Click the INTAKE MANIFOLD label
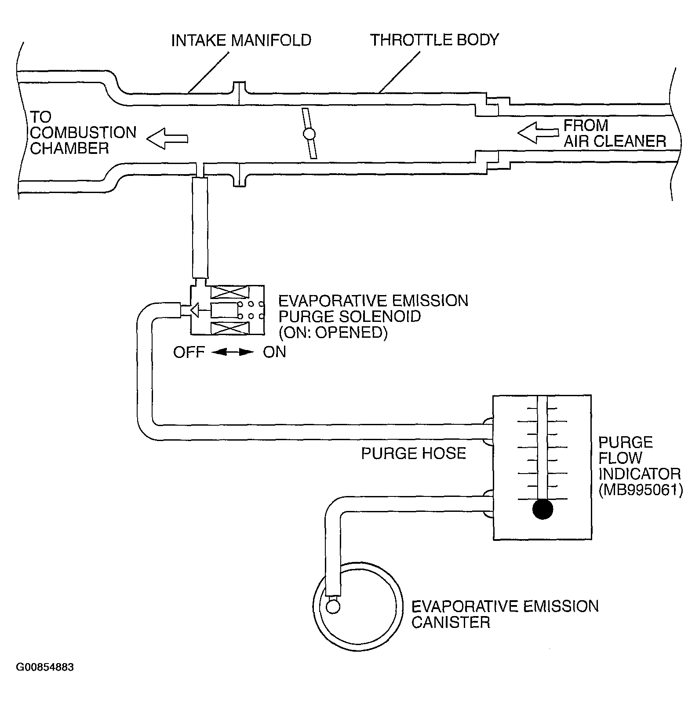(x=241, y=40)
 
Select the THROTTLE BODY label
(x=434, y=40)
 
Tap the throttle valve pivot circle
(x=309, y=134)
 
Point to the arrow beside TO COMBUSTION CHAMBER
(x=167, y=139)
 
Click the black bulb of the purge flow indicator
(x=542, y=509)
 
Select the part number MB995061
(x=641, y=490)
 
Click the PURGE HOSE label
(x=413, y=453)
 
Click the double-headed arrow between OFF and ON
(x=234, y=352)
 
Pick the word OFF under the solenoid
(x=189, y=352)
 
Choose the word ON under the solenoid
(x=274, y=352)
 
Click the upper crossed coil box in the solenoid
(x=229, y=292)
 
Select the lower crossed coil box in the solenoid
(x=229, y=328)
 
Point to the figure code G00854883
(x=45, y=667)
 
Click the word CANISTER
(x=451, y=622)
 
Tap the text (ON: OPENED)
(x=333, y=332)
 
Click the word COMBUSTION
(x=83, y=132)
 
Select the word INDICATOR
(x=640, y=474)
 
